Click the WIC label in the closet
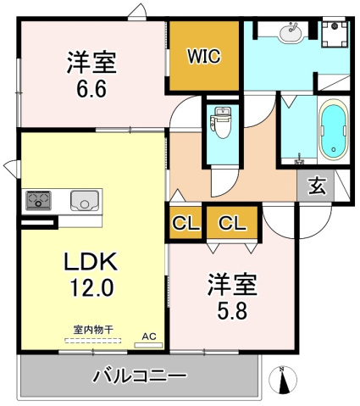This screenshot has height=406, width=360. tap(203, 57)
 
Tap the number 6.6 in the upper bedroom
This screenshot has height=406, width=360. tap(91, 89)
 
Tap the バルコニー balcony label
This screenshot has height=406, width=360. tap(139, 374)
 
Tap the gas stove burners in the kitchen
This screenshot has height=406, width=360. tap(39, 201)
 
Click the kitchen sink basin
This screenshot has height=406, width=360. tap(86, 201)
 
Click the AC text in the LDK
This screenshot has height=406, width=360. tap(149, 336)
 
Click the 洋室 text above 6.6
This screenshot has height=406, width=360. tap(91, 62)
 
